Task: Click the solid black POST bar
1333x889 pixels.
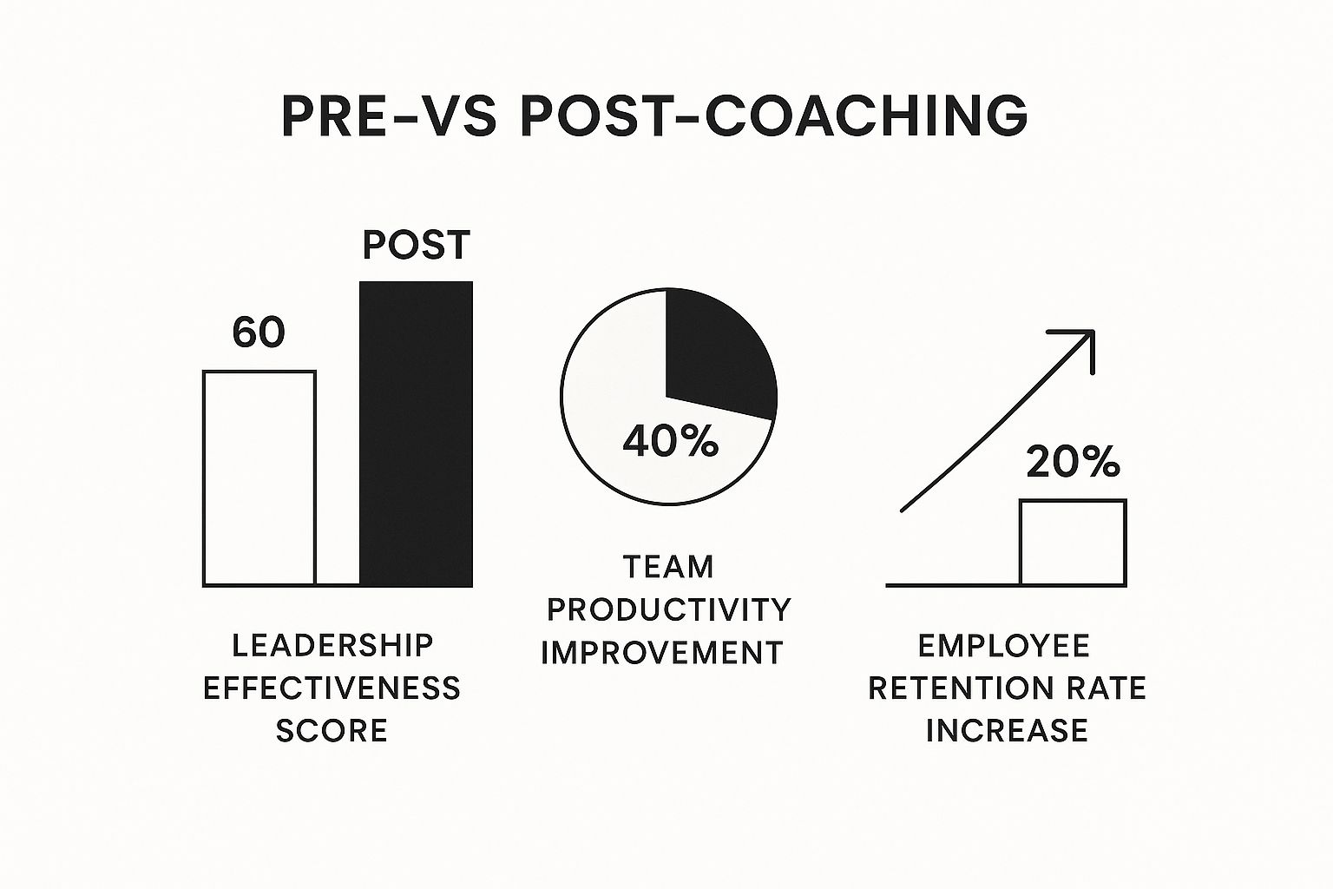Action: coord(416,434)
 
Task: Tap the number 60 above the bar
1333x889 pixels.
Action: coord(259,333)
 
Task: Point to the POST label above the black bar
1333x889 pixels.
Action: coord(416,245)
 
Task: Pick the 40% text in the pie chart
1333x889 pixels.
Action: coord(671,441)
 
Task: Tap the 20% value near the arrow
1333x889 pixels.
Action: coord(1073,462)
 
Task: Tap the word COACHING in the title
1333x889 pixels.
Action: coord(866,115)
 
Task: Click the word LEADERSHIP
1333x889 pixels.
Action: coord(332,645)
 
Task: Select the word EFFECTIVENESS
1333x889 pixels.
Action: coord(332,688)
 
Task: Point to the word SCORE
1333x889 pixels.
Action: coord(332,731)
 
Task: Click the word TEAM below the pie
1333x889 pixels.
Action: coord(668,566)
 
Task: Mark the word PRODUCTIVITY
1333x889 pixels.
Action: coord(669,609)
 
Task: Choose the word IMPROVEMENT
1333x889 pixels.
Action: coord(662,653)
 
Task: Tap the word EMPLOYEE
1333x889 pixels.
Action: coord(1004,645)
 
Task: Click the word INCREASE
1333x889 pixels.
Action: coord(1007,731)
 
